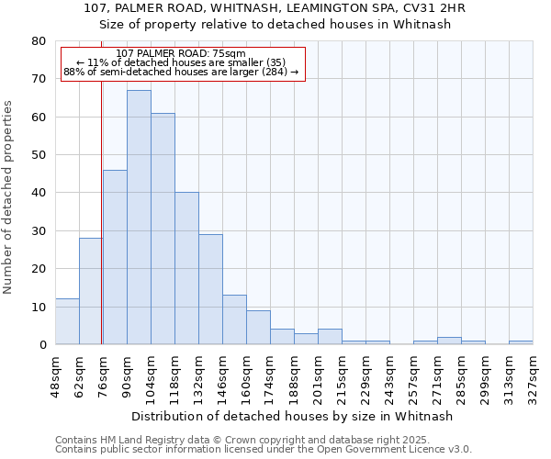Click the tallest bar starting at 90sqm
pyautogui.click(x=139, y=218)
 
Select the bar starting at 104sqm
pyautogui.click(x=163, y=229)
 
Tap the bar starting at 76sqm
pyautogui.click(x=115, y=257)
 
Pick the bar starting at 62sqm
pyautogui.click(x=91, y=291)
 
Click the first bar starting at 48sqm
pyautogui.click(x=67, y=321)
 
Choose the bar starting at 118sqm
pyautogui.click(x=186, y=268)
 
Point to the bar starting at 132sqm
pyautogui.click(x=210, y=289)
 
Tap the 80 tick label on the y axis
pyautogui.click(x=38, y=41)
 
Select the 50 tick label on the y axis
pyautogui.click(x=38, y=155)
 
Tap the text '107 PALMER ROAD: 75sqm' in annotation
pyautogui.click(x=181, y=54)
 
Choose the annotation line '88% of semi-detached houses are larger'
pyautogui.click(x=181, y=72)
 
